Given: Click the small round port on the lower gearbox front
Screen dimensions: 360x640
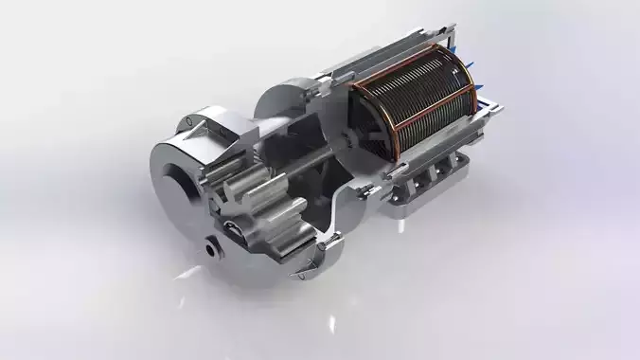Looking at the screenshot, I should (x=210, y=249).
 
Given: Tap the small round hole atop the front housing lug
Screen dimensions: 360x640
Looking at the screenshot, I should (x=194, y=121).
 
